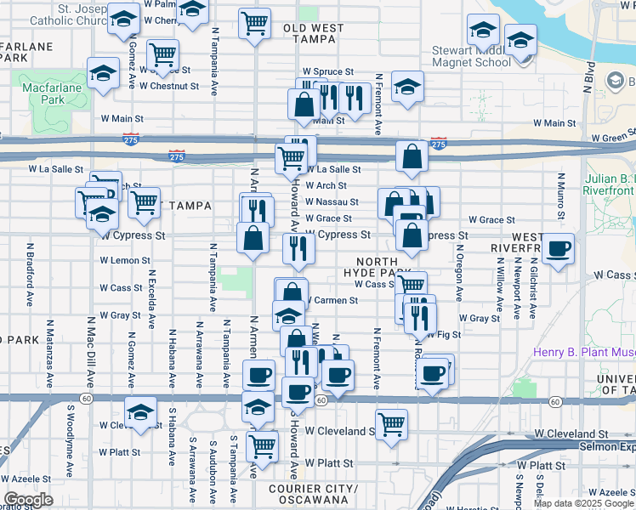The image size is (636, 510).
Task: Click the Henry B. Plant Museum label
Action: [584, 353]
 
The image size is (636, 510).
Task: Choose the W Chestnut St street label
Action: [169, 86]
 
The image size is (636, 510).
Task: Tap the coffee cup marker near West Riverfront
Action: [558, 249]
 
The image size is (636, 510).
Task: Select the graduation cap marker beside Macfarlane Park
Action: [103, 74]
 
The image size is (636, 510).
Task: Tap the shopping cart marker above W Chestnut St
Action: [162, 55]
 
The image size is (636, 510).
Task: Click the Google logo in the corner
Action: [27, 500]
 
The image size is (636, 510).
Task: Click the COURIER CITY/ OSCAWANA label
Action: [314, 494]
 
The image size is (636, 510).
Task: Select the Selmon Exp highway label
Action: [608, 446]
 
